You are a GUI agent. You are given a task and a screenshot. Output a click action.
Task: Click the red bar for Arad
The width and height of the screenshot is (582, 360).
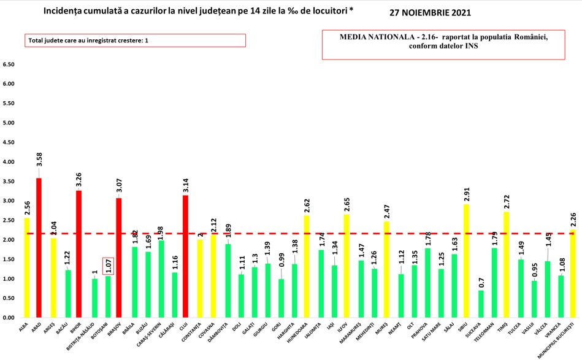[39, 248]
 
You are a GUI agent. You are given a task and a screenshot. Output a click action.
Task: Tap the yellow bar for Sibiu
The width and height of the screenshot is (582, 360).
[467, 261]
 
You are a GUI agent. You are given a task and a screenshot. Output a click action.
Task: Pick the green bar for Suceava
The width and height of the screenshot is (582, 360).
[480, 304]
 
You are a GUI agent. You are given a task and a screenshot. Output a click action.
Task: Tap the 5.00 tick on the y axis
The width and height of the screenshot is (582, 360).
[9, 123]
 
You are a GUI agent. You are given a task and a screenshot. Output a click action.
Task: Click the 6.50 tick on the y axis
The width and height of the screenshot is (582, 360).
[9, 64]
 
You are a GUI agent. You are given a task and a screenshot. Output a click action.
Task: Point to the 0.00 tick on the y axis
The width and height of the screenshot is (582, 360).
[9, 318]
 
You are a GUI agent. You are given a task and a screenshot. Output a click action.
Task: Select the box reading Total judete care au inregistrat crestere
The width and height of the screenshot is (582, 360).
[135, 41]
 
